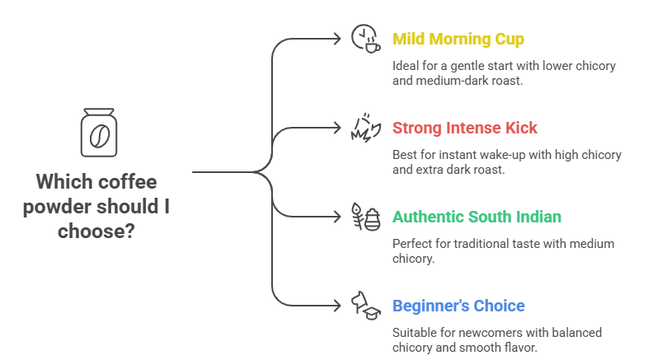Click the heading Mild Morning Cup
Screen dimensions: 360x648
(458, 39)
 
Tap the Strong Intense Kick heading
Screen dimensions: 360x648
(464, 128)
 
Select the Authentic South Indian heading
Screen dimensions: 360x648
(477, 217)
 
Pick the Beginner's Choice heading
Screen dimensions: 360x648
(458, 306)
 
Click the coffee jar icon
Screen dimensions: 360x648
(97, 133)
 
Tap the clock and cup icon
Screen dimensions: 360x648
(365, 39)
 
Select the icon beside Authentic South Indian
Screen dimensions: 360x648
(365, 217)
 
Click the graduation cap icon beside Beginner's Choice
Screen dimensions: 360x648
(365, 306)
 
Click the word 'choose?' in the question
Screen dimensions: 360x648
(97, 231)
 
